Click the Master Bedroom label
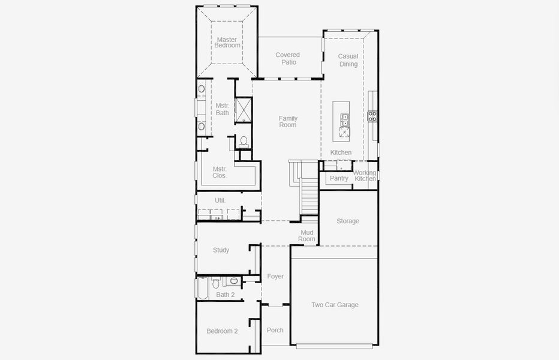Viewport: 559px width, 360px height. click(228, 43)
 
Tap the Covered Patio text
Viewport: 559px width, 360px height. click(288, 59)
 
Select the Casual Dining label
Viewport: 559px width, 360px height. click(348, 61)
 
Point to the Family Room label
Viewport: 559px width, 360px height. click(288, 122)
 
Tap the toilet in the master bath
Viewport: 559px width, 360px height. click(243, 142)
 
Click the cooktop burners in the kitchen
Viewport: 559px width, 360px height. click(372, 116)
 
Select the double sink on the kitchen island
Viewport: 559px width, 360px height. click(345, 121)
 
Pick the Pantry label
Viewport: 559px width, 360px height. click(339, 178)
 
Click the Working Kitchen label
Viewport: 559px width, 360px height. click(365, 176)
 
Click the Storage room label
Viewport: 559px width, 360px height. click(348, 221)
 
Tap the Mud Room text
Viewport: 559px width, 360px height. click(307, 236)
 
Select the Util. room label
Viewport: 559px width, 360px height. click(220, 200)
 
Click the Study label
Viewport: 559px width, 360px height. click(221, 250)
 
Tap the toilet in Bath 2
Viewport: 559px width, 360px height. click(234, 281)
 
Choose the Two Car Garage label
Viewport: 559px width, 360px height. click(335, 305)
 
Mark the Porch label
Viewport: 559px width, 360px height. click(275, 330)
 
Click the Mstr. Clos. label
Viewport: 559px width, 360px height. click(220, 173)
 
